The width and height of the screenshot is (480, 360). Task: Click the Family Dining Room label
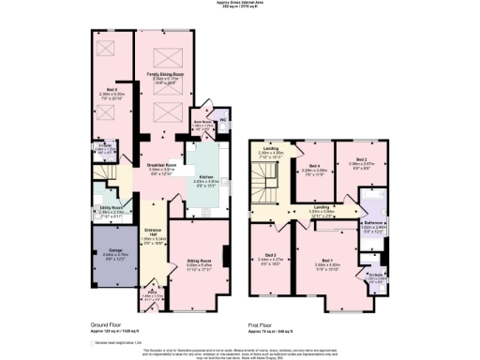click(x=163, y=71)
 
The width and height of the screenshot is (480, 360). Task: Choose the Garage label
click(x=112, y=251)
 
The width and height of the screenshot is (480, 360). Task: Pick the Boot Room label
click(x=200, y=121)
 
